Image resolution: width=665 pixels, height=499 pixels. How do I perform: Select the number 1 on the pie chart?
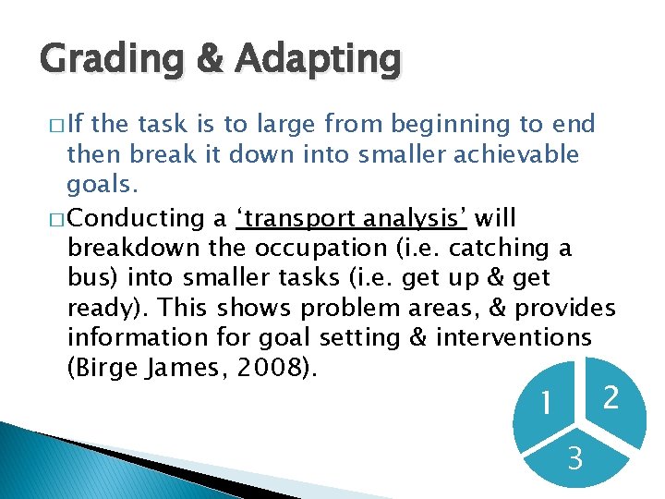(x=548, y=403)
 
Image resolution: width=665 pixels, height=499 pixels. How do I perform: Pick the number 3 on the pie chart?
(x=574, y=456)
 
